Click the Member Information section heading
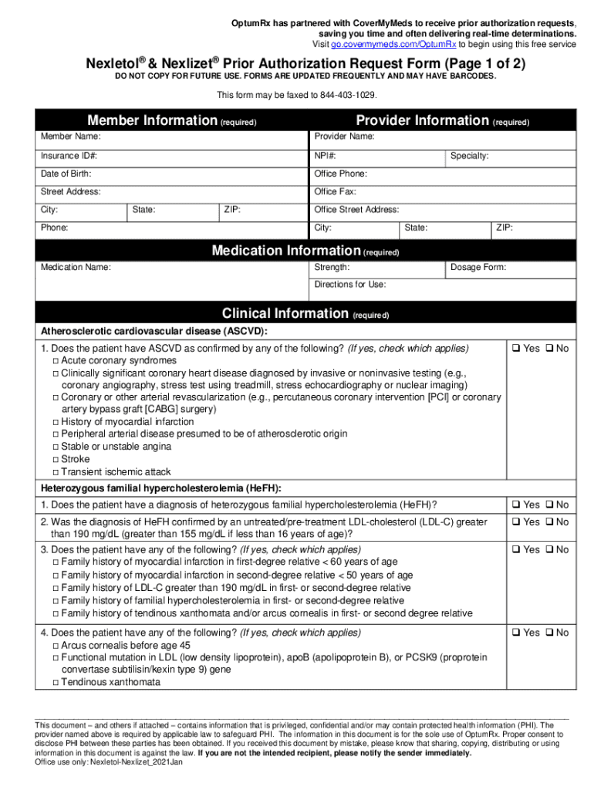[153, 120]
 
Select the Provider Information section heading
[422, 120]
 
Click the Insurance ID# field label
[69, 156]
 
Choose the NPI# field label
[325, 156]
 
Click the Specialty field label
[469, 156]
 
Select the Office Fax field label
[335, 192]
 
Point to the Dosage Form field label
[478, 268]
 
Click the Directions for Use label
[350, 285]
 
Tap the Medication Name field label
[76, 268]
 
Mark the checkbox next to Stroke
[56, 460]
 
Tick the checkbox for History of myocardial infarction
[56, 423]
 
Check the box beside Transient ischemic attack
[56, 472]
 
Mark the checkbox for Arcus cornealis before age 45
[56, 645]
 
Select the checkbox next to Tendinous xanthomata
[56, 683]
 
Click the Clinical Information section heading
[285, 313]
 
